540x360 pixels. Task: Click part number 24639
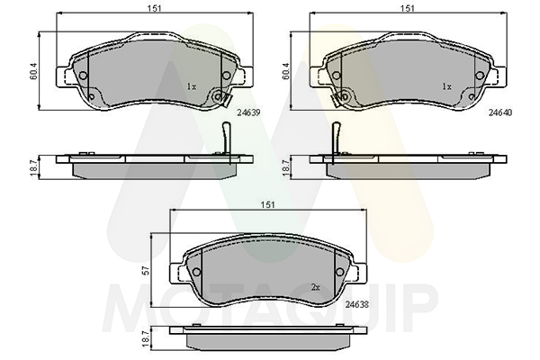pyautogui.click(x=248, y=112)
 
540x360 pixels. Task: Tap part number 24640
pyautogui.click(x=500, y=112)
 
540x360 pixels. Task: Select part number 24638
pyautogui.click(x=356, y=304)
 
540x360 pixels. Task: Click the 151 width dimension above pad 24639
pyautogui.click(x=155, y=8)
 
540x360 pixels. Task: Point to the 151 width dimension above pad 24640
pyautogui.click(x=408, y=8)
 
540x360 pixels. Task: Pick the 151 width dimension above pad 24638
pyautogui.click(x=268, y=204)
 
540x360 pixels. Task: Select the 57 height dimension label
pyautogui.click(x=147, y=271)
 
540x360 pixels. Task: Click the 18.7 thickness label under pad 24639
pyautogui.click(x=34, y=167)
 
